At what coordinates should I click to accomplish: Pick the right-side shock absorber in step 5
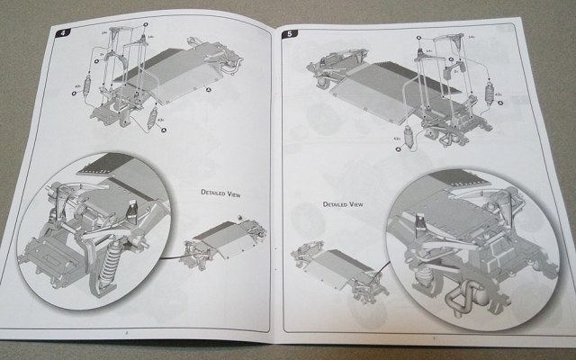pos(490,94)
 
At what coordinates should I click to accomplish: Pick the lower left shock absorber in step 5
pos(407,138)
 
